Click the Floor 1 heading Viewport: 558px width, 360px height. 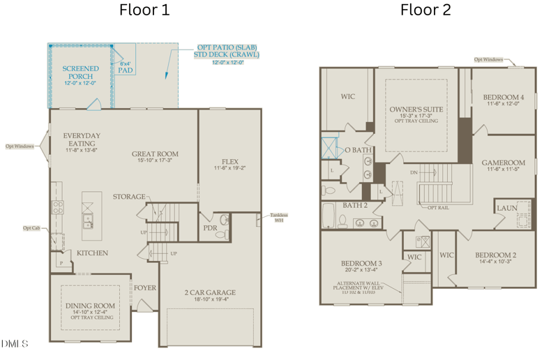pyautogui.click(x=144, y=10)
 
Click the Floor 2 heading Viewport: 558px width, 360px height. pyautogui.click(x=425, y=10)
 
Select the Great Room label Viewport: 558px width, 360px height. pyautogui.click(x=155, y=154)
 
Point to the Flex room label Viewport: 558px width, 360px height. pyautogui.click(x=229, y=162)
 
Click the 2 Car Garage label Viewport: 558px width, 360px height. pyautogui.click(x=210, y=292)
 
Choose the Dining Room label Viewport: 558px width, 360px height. pyautogui.click(x=90, y=306)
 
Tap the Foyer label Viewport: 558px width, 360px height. pyautogui.click(x=145, y=287)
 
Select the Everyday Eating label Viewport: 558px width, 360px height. pyautogui.click(x=82, y=140)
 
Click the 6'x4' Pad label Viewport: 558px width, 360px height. pyautogui.click(x=126, y=67)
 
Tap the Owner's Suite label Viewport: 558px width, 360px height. pyautogui.click(x=416, y=110)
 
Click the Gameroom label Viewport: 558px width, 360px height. pyautogui.click(x=503, y=163)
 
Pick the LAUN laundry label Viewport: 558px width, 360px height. pyautogui.click(x=506, y=208)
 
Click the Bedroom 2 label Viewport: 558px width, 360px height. pyautogui.click(x=495, y=255)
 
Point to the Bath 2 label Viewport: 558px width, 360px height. pyautogui.click(x=355, y=205)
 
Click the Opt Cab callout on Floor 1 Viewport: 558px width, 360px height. pyautogui.click(x=31, y=227)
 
